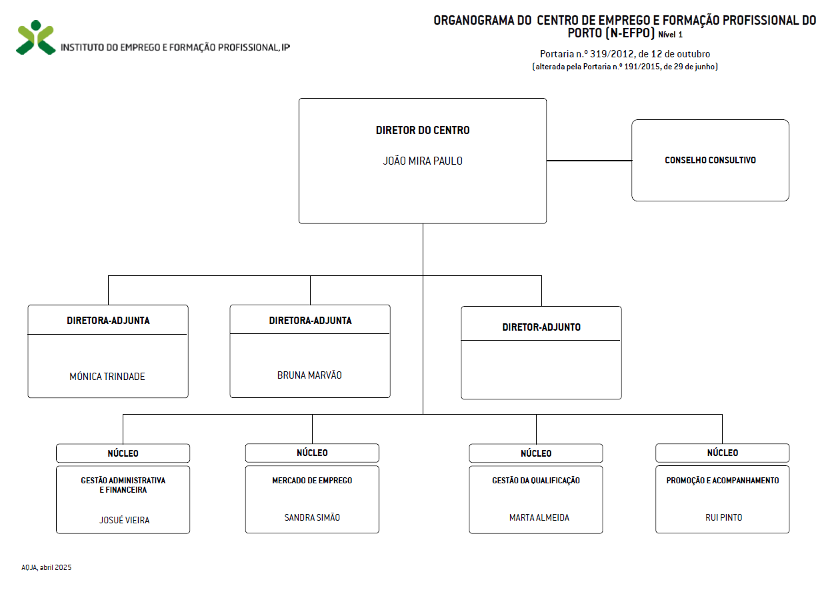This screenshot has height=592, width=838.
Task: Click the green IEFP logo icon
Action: (36, 37)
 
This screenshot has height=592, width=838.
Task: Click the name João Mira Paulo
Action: (423, 161)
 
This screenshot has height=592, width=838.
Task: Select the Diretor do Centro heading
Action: (423, 130)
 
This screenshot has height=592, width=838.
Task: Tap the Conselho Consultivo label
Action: (710, 160)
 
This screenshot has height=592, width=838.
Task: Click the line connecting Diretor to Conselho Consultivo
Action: (589, 161)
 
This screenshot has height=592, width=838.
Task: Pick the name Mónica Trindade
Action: (107, 377)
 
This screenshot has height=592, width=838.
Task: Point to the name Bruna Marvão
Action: (309, 375)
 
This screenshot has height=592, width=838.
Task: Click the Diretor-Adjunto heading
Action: (541, 327)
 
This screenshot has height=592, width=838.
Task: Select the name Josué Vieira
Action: (124, 520)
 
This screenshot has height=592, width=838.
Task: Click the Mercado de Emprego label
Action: (312, 481)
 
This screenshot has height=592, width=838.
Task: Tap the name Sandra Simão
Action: (312, 517)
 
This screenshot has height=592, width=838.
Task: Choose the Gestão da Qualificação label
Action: (536, 481)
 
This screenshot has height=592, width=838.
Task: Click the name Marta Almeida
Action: (539, 517)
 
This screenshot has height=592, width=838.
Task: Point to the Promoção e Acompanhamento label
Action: (723, 481)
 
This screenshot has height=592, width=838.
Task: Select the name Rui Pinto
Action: (723, 517)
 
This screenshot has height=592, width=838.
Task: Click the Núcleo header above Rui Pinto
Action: (723, 453)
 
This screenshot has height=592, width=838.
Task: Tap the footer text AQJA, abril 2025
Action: (47, 567)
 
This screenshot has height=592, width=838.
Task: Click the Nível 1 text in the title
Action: (671, 35)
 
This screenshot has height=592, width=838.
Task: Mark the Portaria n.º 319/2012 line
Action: (625, 54)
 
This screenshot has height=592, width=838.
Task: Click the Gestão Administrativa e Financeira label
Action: (123, 485)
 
